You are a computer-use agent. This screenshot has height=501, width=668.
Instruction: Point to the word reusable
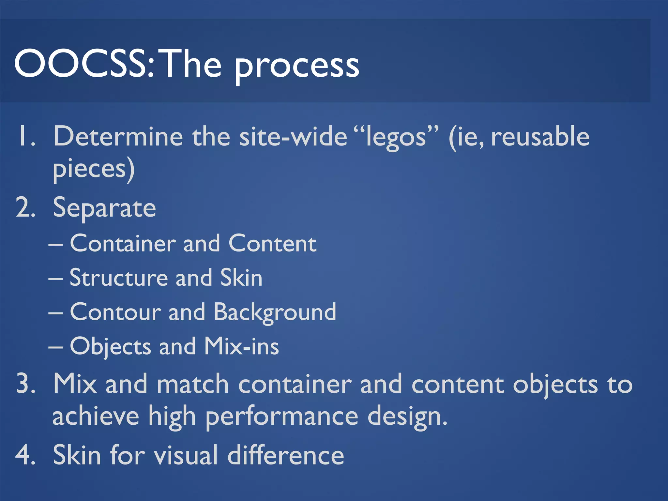click(x=540, y=136)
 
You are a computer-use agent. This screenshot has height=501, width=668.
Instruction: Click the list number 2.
click(x=25, y=208)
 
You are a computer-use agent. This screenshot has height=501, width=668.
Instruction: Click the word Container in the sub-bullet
click(x=123, y=244)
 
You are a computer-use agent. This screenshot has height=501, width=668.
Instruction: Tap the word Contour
click(x=115, y=312)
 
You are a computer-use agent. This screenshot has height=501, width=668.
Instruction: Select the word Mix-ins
click(x=241, y=346)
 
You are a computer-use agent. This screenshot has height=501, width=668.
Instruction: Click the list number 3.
click(x=25, y=384)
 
